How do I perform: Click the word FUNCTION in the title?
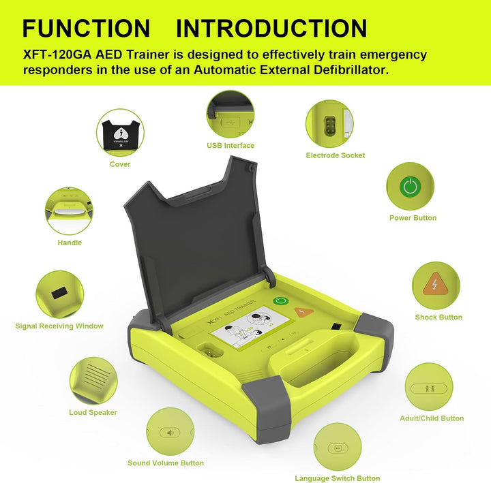[86, 29]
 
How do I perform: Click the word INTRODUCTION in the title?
[271, 29]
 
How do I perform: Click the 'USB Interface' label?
[230, 145]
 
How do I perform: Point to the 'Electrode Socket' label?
[335, 155]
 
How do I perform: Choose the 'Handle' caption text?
[70, 243]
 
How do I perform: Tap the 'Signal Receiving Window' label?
[59, 326]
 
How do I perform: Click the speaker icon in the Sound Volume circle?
[170, 432]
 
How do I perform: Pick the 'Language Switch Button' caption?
[337, 478]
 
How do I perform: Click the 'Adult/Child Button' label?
[431, 418]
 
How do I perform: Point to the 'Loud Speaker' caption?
[93, 412]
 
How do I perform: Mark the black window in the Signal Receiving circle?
[60, 292]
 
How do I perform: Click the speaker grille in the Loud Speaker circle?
[93, 376]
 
